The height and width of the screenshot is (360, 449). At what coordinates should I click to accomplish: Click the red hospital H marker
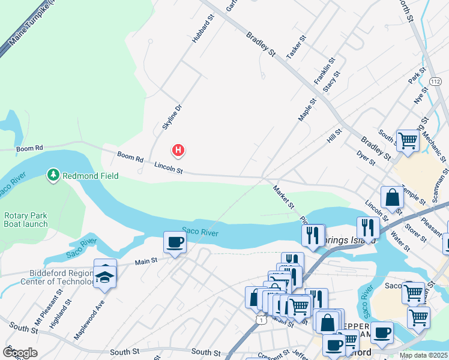[178, 150]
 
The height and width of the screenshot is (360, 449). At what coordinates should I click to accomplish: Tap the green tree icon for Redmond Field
[53, 175]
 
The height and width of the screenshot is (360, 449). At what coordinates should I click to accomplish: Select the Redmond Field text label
[90, 176]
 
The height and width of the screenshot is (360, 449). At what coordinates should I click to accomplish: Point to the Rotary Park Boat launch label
[26, 220]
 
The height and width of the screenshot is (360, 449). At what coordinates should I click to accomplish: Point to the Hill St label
[334, 135]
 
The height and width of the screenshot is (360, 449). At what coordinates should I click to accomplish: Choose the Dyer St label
[366, 158]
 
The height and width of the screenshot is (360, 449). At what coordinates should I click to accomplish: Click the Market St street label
[283, 197]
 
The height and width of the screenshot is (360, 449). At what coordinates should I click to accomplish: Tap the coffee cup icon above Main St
[175, 242]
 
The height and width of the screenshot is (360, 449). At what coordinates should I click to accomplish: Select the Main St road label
[145, 261]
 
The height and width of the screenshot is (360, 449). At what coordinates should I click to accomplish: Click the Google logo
[20, 352]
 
